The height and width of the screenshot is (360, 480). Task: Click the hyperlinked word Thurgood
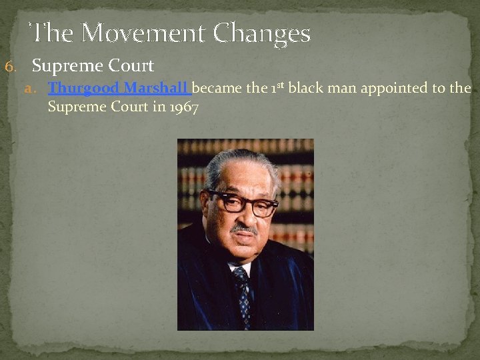pyautogui.click(x=84, y=88)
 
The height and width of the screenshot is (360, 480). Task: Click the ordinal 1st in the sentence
pyautogui.click(x=276, y=87)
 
